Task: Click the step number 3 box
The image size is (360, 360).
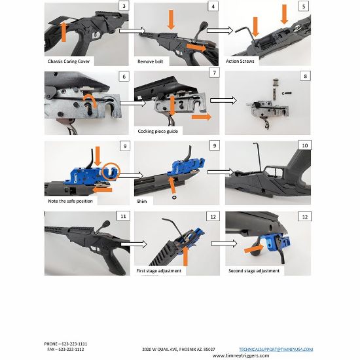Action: (124, 6)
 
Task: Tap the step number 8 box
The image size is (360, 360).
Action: (305, 76)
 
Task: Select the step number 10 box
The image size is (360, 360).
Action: (304, 145)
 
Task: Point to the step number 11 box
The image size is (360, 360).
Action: (123, 216)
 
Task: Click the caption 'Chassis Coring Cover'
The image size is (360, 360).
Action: (69, 62)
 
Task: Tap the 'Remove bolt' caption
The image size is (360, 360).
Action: (151, 62)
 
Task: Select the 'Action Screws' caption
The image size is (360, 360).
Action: (240, 62)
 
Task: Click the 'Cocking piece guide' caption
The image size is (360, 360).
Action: (158, 131)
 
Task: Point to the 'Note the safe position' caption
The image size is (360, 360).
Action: (70, 201)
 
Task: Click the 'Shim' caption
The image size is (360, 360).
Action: (141, 202)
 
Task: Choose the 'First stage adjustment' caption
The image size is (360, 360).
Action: (159, 271)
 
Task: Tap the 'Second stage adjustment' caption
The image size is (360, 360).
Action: (254, 271)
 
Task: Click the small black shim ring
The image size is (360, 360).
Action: (174, 197)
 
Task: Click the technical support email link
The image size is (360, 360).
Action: (276, 350)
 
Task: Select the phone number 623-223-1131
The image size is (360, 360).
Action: (75, 344)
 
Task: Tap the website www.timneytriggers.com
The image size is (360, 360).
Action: (241, 355)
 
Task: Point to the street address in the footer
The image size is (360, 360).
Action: (179, 350)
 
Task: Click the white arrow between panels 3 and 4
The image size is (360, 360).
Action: (132, 30)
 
